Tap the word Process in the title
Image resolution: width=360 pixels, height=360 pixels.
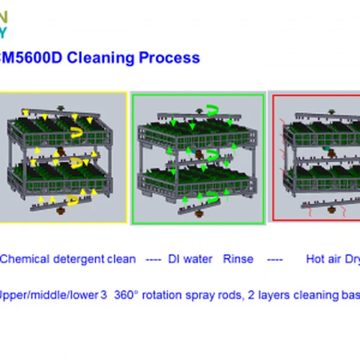pos(169,58)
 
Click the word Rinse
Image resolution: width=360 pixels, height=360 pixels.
pos(238,259)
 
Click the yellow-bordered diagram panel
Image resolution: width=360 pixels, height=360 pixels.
pos(62,157)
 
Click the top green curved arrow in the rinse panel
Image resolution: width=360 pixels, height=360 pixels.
pos(211,109)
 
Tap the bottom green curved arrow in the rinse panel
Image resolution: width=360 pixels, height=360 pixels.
pos(211,197)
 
